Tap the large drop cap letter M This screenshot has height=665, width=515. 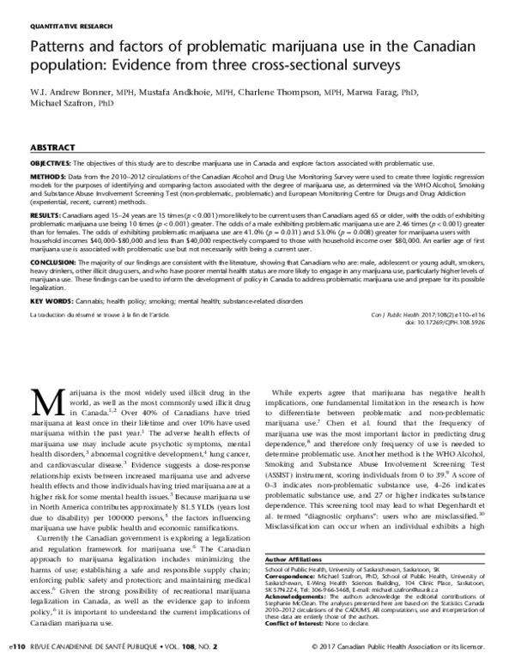click(47, 402)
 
